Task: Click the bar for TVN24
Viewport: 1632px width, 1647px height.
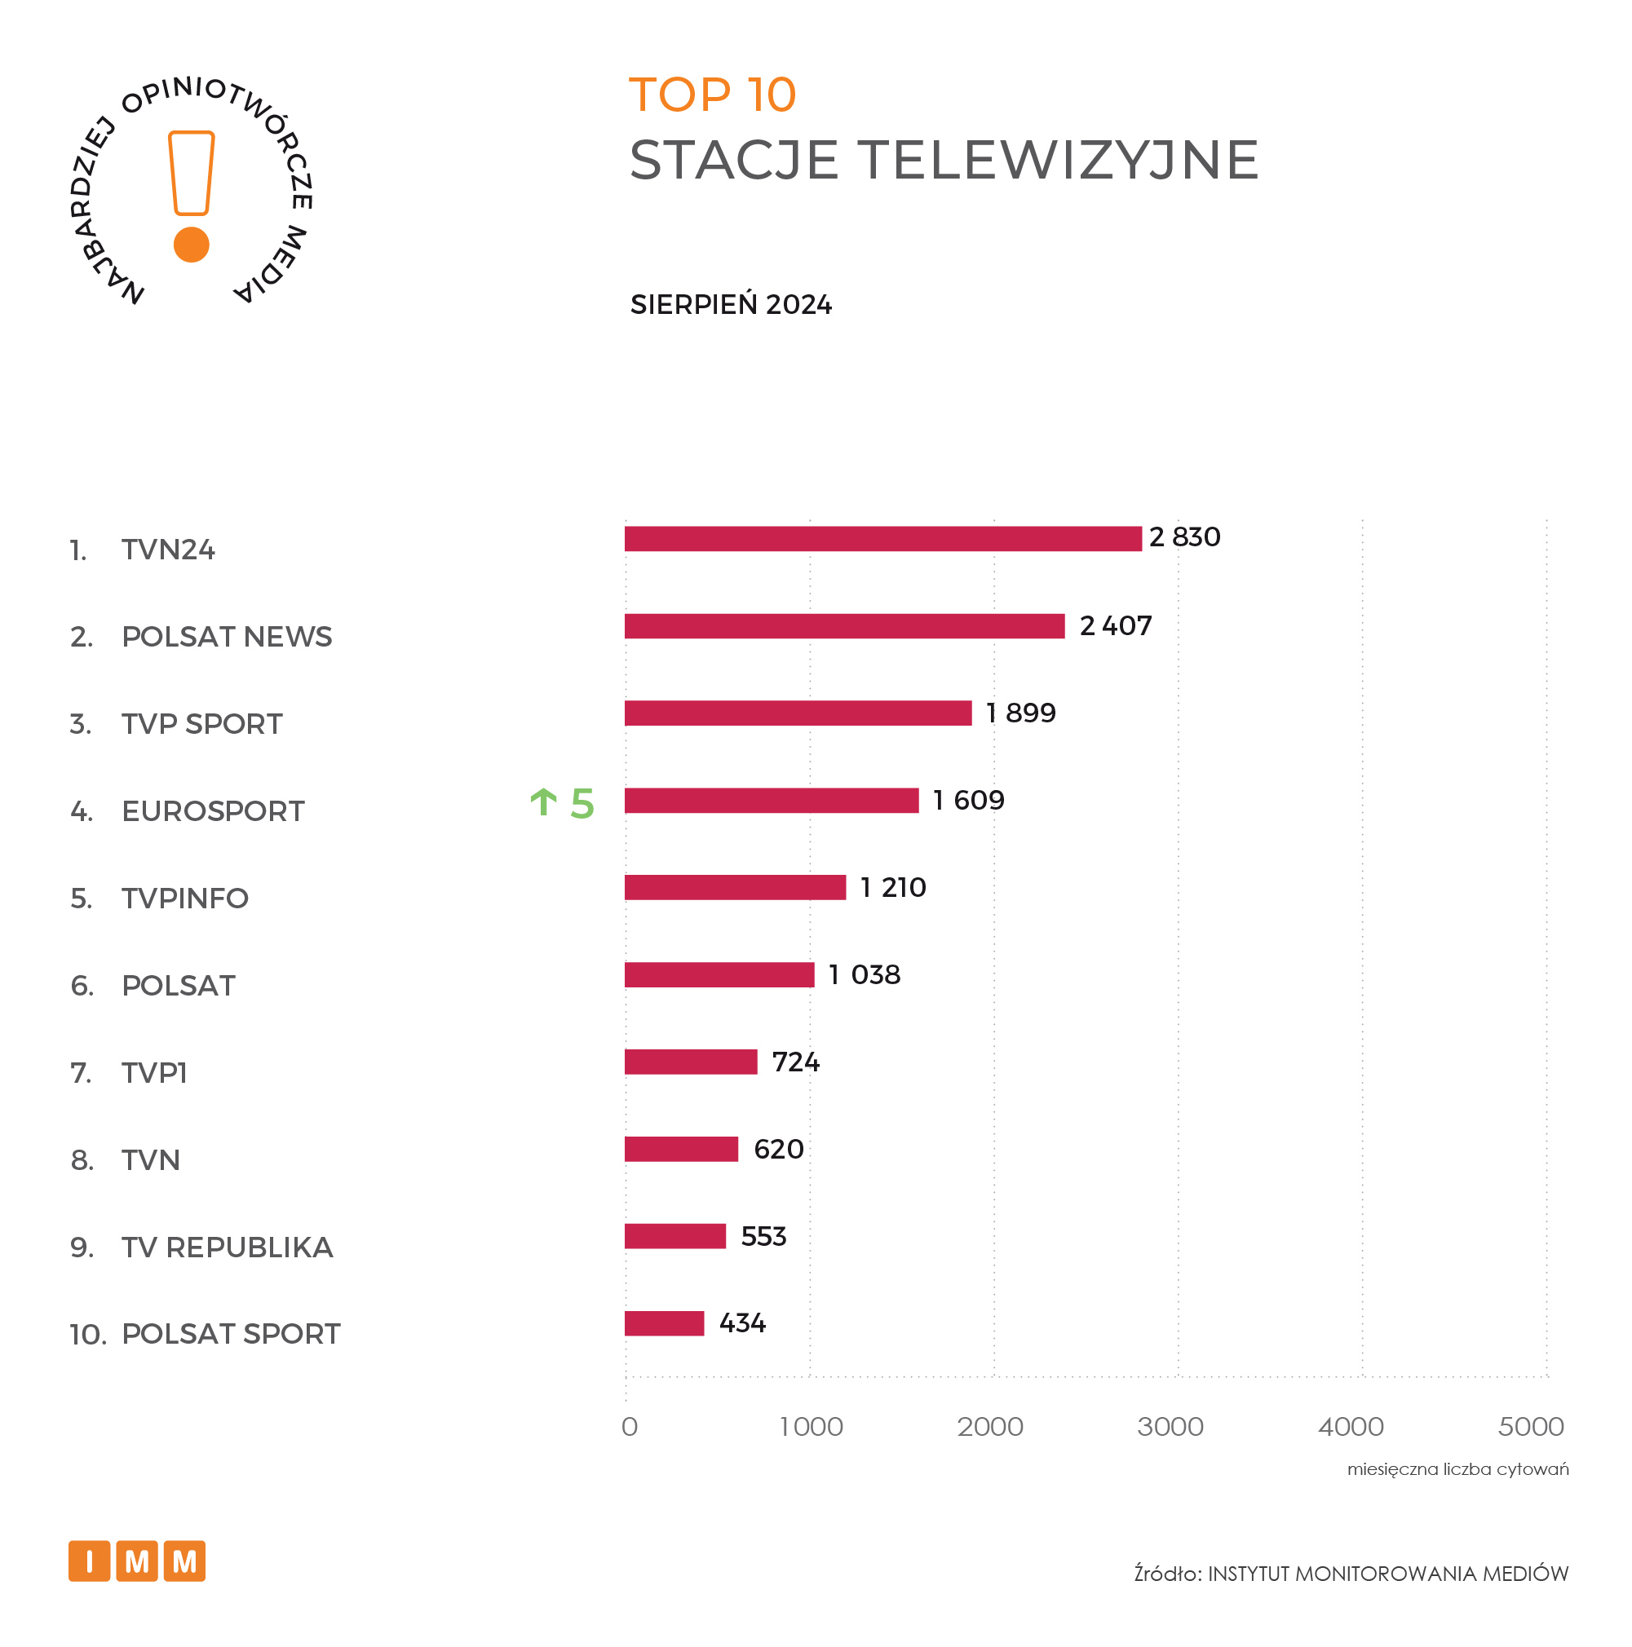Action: [882, 539]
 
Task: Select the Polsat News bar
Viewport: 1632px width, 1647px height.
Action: [844, 625]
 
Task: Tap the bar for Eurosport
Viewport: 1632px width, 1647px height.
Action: [772, 801]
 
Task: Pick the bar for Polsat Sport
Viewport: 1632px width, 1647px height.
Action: [664, 1323]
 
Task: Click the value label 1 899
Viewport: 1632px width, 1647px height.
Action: [1020, 713]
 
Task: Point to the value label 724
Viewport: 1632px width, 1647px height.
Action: [795, 1062]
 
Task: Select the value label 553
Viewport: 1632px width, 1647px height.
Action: [763, 1236]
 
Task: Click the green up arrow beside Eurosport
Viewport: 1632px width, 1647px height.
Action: [543, 802]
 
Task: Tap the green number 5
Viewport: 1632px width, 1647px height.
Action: [582, 803]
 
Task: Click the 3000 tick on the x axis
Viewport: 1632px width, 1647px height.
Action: [1170, 1426]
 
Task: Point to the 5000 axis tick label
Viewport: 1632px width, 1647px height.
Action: [1531, 1426]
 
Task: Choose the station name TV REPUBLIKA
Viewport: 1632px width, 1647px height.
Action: [227, 1247]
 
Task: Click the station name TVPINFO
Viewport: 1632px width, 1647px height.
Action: [185, 899]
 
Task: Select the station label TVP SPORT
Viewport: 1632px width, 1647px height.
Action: [202, 724]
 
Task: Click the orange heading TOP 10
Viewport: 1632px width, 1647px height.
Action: [712, 95]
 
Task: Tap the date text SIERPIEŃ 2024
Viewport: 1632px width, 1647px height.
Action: [731, 304]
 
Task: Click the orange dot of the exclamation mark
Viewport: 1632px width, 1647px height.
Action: [191, 245]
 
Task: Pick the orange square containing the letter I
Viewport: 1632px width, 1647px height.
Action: [90, 1561]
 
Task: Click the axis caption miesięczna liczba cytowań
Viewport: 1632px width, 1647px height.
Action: [1457, 1468]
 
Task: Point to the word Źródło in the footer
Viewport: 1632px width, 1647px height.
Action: [1166, 1574]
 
